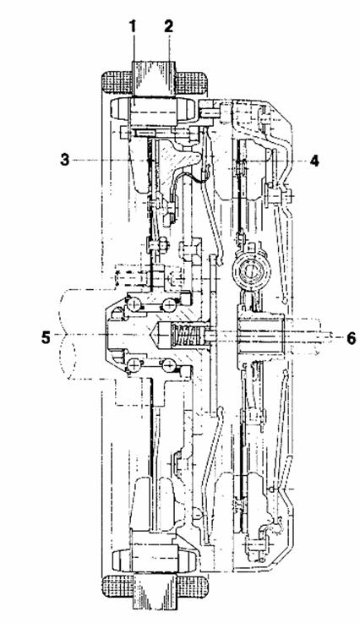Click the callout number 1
(133, 28)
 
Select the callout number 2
(168, 28)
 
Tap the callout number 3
(64, 160)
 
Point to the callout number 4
(314, 161)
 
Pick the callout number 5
(46, 338)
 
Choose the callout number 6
(352, 338)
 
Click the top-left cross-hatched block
(117, 83)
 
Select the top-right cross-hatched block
(190, 83)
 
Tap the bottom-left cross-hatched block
(117, 586)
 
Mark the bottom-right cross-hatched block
(191, 586)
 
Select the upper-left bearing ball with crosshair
(134, 305)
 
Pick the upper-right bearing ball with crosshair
(169, 305)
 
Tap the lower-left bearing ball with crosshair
(134, 364)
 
